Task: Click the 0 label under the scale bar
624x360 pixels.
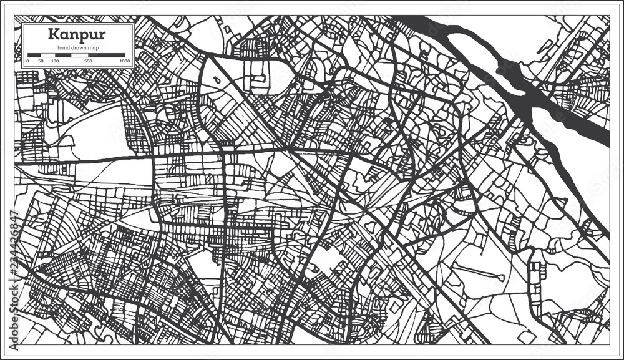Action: click(27, 61)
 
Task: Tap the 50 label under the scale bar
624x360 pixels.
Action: click(41, 61)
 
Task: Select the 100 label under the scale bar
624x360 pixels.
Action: click(55, 61)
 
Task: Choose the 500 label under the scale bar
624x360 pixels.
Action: click(88, 61)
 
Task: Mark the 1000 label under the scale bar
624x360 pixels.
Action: click(124, 61)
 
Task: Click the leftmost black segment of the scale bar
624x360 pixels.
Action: click(34, 55)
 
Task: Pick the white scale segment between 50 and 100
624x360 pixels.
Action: click(48, 55)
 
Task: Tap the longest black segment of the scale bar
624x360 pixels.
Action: click(107, 55)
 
